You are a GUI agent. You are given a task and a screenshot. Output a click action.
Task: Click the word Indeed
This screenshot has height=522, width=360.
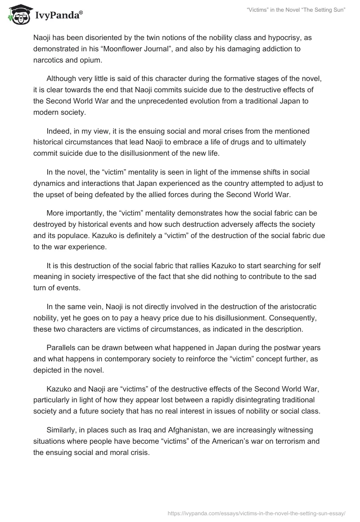point(58,131)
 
